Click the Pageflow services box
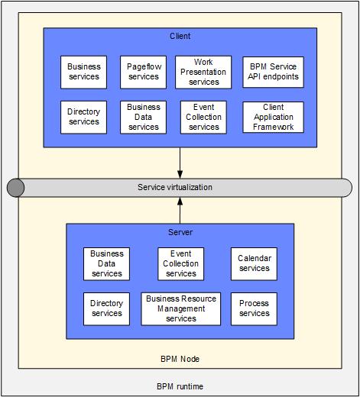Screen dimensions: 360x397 [x=143, y=73]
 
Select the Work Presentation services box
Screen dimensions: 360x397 [x=203, y=73]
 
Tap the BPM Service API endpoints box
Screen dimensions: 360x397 [x=273, y=73]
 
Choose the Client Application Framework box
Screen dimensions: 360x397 [x=273, y=118]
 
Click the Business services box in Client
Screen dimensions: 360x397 [x=83, y=73]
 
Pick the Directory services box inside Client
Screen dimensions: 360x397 [x=83, y=118]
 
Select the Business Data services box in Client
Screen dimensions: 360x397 [x=143, y=118]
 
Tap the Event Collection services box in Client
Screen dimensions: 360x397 [x=203, y=118]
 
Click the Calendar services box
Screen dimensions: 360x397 [x=254, y=264]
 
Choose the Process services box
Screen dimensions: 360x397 [x=254, y=309]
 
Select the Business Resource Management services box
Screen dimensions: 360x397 [x=181, y=309]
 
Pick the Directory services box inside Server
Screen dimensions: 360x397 [x=106, y=309]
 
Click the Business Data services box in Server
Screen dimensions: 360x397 [x=106, y=264]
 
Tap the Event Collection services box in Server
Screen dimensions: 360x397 [x=181, y=264]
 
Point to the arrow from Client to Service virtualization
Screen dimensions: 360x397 [x=180, y=163]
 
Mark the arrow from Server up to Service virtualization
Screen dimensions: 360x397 [x=180, y=211]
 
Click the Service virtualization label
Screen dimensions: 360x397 [x=175, y=187]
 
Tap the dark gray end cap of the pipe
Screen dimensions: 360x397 [x=15, y=188]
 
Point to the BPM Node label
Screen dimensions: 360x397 [x=180, y=359]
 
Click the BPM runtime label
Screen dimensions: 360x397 [x=180, y=386]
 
